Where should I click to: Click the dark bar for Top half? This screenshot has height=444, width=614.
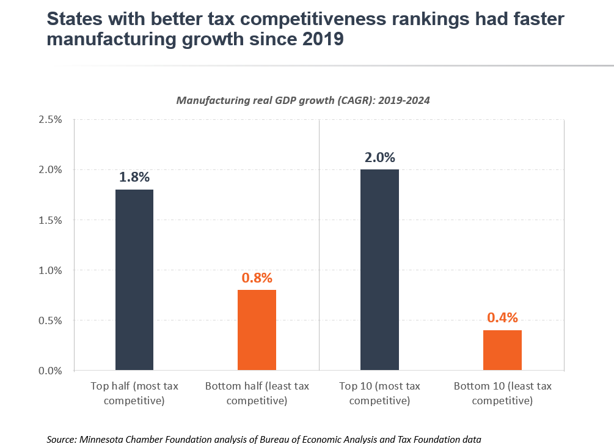[134, 279]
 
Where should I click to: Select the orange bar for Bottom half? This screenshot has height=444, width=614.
[257, 330]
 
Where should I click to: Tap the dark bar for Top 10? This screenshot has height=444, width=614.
[379, 270]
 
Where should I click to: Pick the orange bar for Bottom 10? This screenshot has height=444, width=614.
[502, 350]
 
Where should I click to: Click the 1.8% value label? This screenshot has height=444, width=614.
[134, 177]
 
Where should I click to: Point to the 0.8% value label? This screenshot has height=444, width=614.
[257, 278]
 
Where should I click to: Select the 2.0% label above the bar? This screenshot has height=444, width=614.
[379, 157]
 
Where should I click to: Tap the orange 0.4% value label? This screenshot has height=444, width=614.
[502, 317]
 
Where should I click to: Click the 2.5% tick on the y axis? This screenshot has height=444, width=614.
[50, 119]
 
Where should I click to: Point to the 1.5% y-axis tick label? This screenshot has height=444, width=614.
[50, 220]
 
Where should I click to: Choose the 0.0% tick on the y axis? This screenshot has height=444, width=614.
[50, 371]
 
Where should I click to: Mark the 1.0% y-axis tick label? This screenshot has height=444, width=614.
[50, 270]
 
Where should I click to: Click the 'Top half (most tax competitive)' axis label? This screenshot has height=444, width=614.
[134, 393]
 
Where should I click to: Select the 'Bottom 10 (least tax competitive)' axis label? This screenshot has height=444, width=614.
[502, 393]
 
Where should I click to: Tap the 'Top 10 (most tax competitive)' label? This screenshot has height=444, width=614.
[379, 393]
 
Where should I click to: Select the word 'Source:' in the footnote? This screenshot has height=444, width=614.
[62, 438]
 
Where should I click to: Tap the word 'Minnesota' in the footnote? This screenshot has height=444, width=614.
[104, 438]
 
